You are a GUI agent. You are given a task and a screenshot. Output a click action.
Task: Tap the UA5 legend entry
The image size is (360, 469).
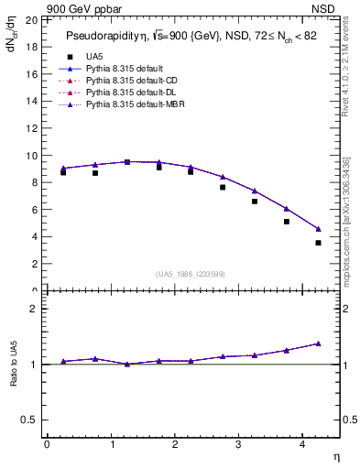(93, 55)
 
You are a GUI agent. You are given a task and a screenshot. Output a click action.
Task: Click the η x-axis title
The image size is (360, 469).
(334, 456)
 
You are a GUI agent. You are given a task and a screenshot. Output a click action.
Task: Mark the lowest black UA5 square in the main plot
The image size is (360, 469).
(318, 243)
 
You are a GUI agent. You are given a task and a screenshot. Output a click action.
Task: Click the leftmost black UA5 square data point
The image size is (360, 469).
(62, 172)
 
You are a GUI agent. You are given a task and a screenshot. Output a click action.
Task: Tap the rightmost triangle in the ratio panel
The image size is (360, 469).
(318, 344)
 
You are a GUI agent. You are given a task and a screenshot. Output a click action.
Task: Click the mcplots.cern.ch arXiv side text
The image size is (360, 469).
(346, 220)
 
